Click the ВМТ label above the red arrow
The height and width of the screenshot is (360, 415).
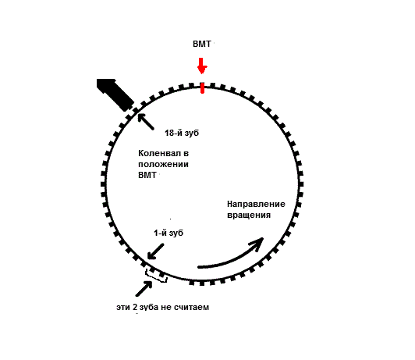tap(202, 44)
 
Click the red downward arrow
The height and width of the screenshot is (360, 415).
tap(202, 66)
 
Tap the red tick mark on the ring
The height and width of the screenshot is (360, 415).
tap(202, 88)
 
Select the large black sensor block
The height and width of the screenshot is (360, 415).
tap(115, 94)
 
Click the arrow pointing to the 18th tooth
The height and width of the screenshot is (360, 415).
tap(145, 121)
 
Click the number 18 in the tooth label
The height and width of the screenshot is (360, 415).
tap(169, 133)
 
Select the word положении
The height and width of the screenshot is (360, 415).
tap(163, 164)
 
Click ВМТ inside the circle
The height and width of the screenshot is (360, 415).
tap(147, 175)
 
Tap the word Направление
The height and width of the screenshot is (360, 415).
tap(256, 204)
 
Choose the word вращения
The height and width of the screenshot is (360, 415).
tap(249, 215)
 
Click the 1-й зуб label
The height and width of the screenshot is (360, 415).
tap(168, 233)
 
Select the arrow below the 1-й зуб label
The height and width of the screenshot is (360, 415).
tap(156, 251)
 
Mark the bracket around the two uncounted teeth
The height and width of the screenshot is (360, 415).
tap(156, 277)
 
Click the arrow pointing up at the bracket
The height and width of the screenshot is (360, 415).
tap(144, 288)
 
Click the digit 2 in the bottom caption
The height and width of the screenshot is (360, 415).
tap(135, 307)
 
